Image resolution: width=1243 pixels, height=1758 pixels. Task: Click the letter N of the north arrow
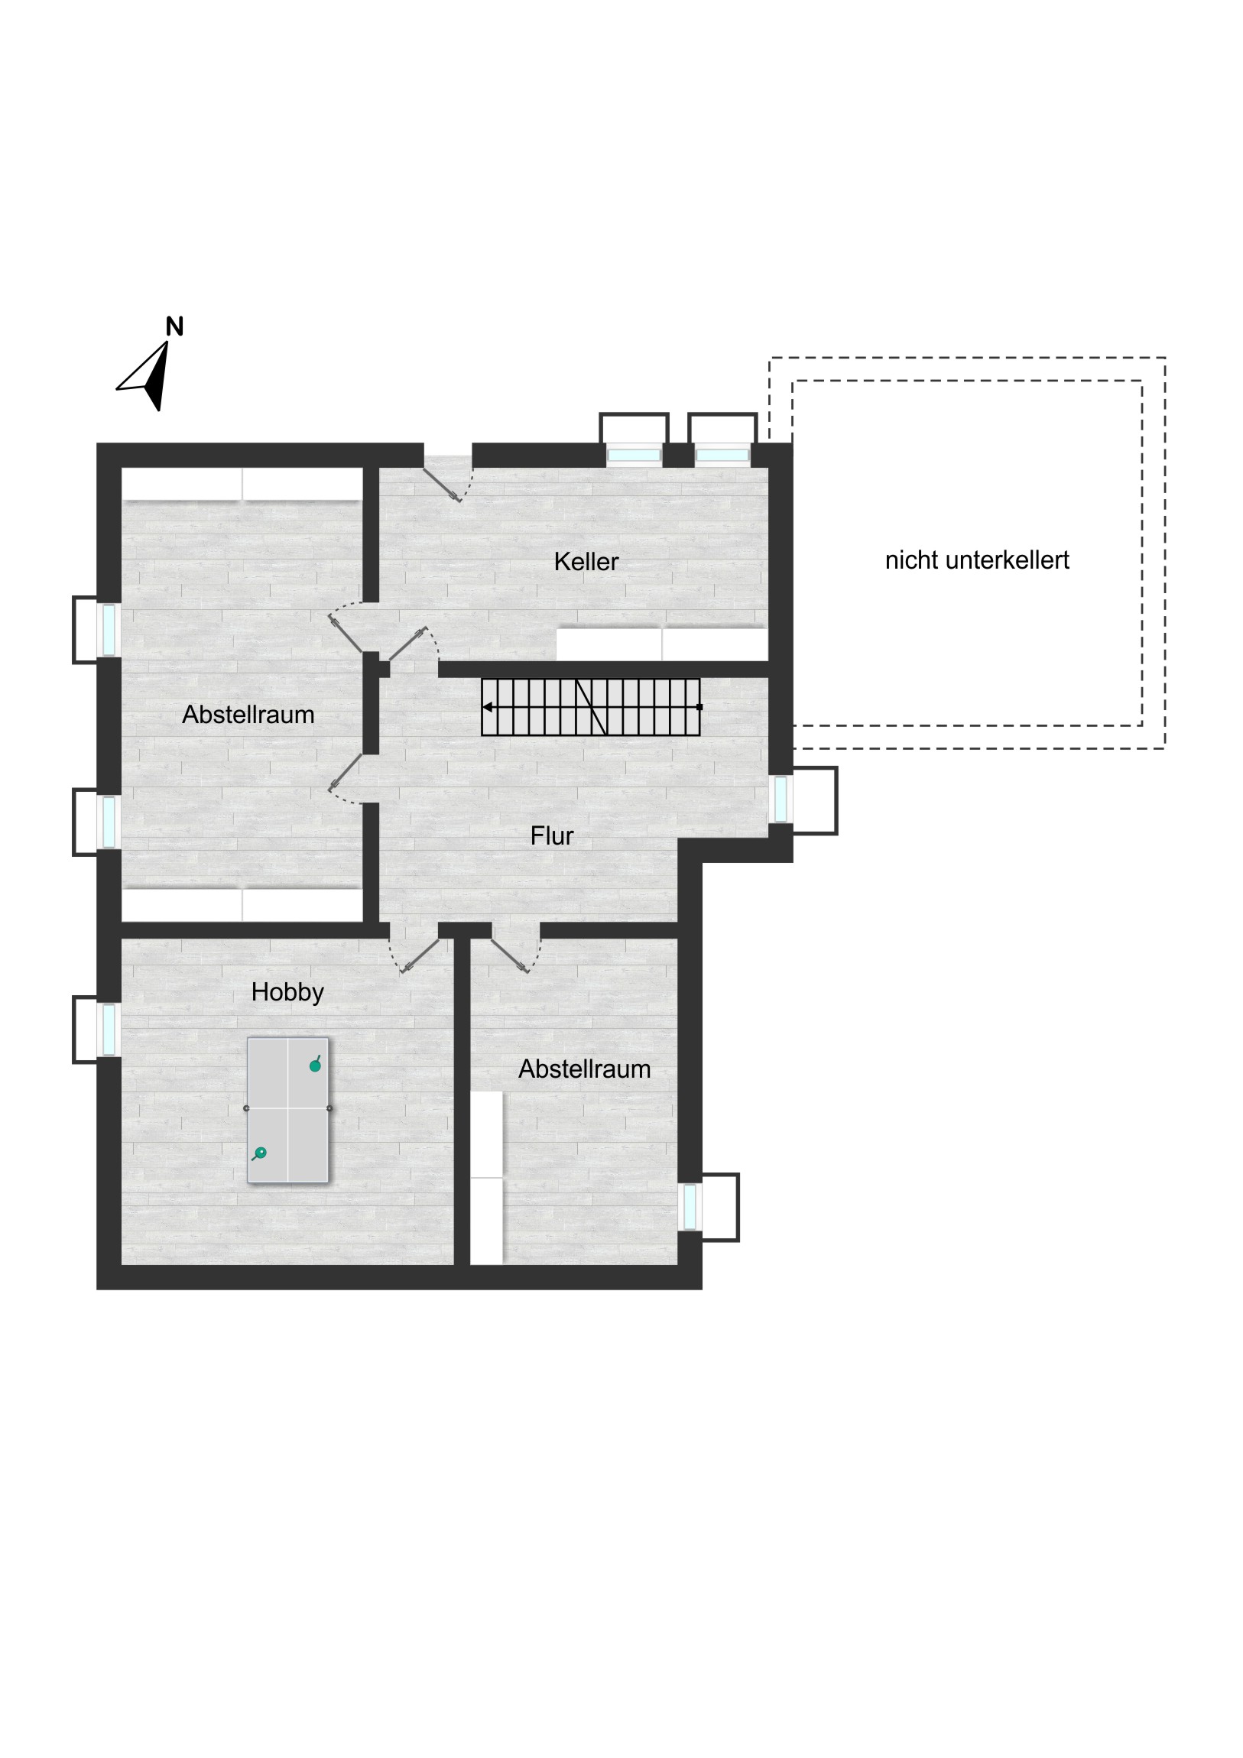pos(174,327)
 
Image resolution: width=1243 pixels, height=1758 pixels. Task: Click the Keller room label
pos(586,561)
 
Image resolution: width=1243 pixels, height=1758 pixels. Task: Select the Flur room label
pos(551,835)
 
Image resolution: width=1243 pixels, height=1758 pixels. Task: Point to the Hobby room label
pos(287,992)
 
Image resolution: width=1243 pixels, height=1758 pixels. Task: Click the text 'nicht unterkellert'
pos(977,560)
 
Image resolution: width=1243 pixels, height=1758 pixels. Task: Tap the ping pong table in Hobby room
pos(288,1110)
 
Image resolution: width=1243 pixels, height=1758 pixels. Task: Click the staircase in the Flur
pos(590,707)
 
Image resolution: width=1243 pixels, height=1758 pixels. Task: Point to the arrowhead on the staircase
pos(487,707)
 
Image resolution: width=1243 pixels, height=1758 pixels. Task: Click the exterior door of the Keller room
pos(449,479)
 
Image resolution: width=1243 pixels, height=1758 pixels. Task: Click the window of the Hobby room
pos(109,1029)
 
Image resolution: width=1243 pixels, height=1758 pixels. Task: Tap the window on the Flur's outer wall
pos(781,799)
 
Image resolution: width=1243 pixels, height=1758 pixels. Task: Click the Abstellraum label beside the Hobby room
pos(584,1069)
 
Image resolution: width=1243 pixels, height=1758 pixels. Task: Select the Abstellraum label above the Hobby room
pos(248,715)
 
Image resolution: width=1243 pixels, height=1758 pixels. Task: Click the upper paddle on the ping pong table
pos(315,1064)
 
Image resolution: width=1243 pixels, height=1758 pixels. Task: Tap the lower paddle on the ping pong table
pos(260,1153)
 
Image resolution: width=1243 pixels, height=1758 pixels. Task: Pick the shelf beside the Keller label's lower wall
pos(662,644)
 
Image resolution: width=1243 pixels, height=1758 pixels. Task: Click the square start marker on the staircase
pos(699,707)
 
